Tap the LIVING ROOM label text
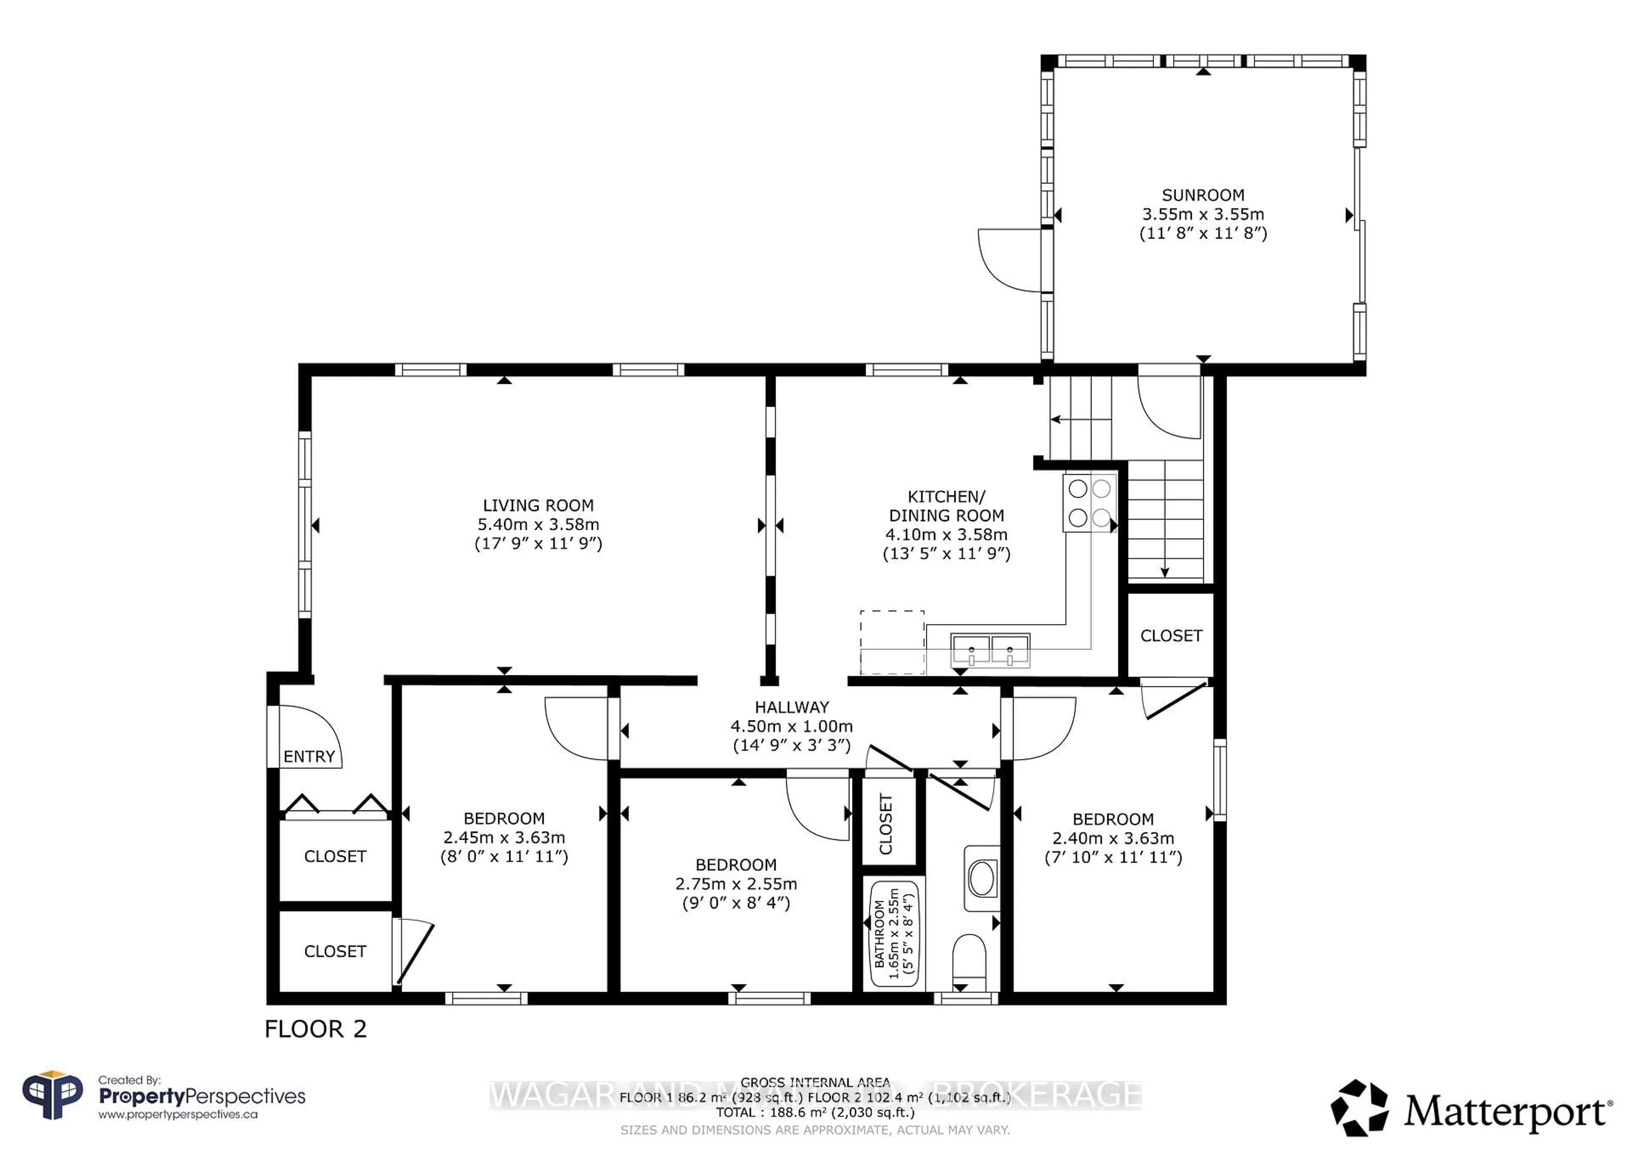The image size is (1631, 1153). coord(538,506)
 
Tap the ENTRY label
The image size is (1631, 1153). coord(309,757)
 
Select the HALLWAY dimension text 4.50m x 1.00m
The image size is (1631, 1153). coord(791,726)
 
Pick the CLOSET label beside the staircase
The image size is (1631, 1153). coord(1171,636)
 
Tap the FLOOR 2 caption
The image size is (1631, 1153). coord(316,1029)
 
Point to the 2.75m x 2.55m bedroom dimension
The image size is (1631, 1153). coord(736,884)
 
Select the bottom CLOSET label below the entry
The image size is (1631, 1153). coord(335,951)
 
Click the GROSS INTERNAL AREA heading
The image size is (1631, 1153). coord(815,1083)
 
